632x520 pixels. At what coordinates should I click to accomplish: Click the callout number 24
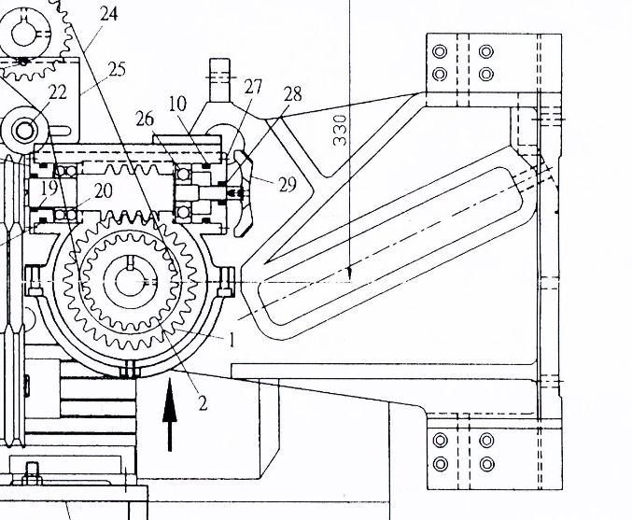point(108,15)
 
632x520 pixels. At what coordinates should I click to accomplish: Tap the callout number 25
point(117,69)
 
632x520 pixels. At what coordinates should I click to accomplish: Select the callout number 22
point(58,91)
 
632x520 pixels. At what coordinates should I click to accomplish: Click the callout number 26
point(144,119)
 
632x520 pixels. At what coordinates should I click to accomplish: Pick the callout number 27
point(253,87)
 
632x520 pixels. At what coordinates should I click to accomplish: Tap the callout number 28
point(292,94)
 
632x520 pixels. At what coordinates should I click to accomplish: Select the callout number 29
point(287,184)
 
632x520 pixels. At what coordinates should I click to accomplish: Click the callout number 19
point(49,188)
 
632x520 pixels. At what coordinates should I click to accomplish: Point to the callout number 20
point(102,190)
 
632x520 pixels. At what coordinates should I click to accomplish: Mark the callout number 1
point(232,339)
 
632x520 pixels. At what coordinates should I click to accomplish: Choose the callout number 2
point(202,402)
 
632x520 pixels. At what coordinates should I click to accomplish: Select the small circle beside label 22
point(26,128)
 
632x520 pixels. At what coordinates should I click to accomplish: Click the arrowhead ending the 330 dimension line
point(348,274)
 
